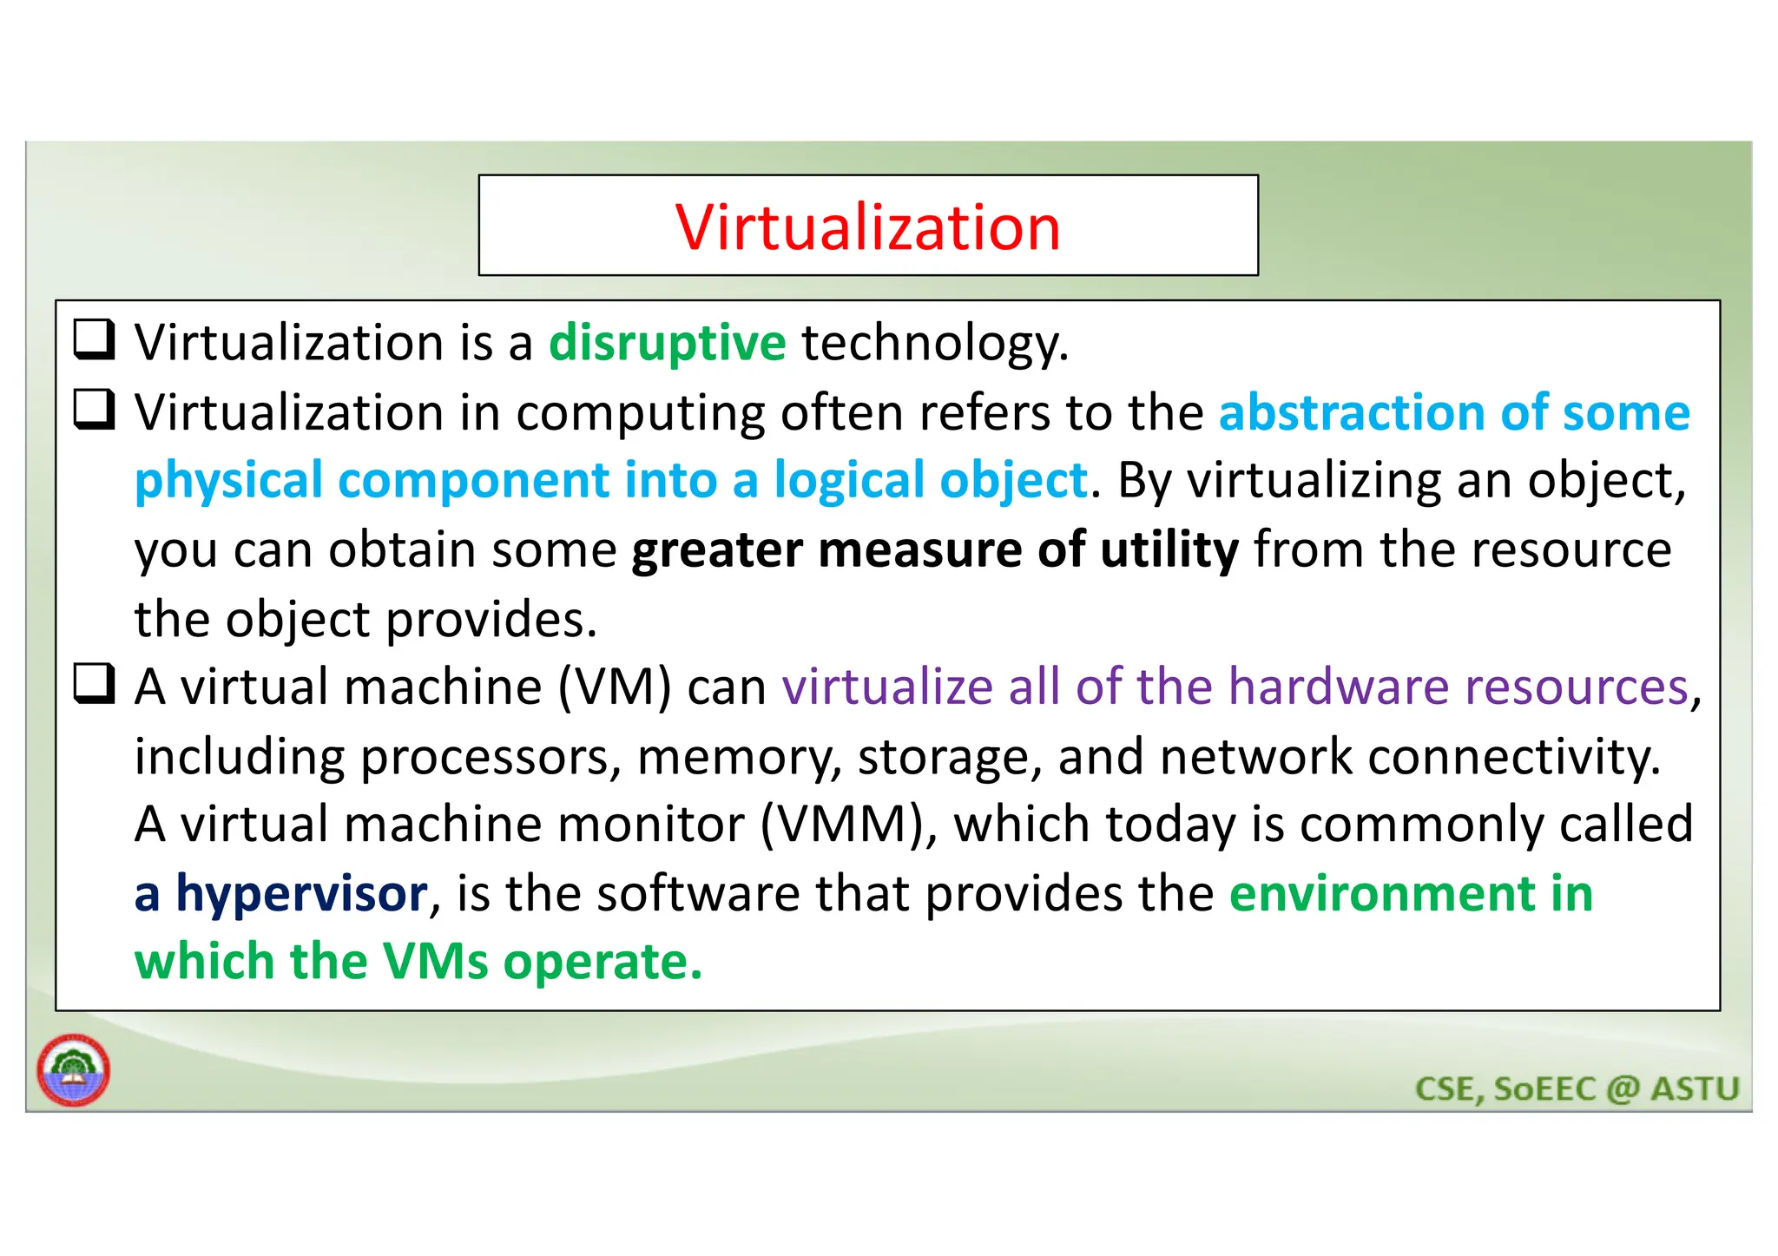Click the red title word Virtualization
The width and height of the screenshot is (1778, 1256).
pos(867,227)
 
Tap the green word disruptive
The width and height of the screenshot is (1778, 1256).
pos(667,343)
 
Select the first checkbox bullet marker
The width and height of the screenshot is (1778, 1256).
pos(94,340)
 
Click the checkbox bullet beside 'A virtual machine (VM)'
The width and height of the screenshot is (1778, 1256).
pos(94,685)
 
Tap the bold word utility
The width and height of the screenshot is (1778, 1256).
pos(1169,550)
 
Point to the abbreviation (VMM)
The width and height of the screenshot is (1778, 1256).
pos(848,825)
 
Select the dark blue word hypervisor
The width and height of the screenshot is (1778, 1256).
pos(301,894)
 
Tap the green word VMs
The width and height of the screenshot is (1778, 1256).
pos(435,963)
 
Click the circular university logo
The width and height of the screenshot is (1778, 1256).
pos(74,1070)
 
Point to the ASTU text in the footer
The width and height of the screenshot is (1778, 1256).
pos(1694,1088)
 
